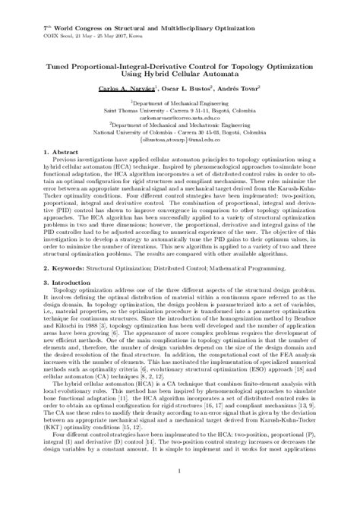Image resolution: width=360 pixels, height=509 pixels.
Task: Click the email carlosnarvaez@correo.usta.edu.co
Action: point(180,119)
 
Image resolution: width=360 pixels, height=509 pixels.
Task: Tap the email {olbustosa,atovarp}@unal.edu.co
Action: point(180,140)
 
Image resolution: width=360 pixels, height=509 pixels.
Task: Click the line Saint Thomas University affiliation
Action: point(180,112)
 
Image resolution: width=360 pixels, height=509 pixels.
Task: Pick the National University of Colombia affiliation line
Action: point(180,133)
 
